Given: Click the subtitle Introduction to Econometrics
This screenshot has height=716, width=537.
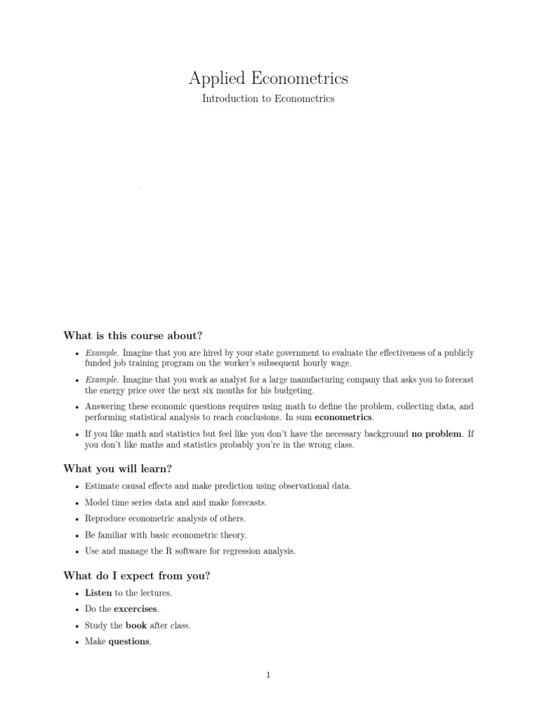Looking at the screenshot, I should click(268, 99).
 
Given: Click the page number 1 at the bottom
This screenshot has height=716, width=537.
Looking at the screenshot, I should click(268, 675).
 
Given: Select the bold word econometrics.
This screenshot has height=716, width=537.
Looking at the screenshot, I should click(344, 417).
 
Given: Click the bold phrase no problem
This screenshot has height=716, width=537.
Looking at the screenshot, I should click(436, 434).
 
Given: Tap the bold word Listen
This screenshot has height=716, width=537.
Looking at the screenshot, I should click(99, 593).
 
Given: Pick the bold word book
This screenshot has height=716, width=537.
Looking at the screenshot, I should click(136, 626).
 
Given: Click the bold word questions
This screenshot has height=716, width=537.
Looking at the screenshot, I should click(129, 642).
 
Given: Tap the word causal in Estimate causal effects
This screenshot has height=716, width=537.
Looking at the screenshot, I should click(136, 486).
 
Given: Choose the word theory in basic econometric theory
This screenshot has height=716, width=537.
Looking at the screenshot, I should click(232, 535).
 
